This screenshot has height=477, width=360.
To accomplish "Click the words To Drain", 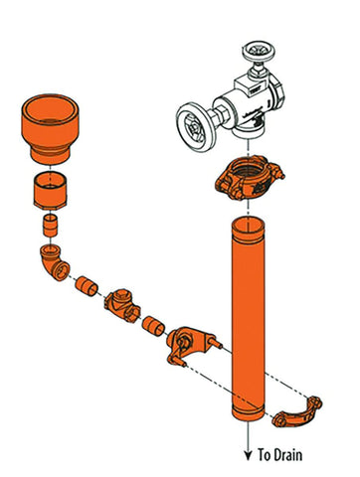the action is coord(280,455).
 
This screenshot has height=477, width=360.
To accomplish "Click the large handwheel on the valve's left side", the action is coord(193,126).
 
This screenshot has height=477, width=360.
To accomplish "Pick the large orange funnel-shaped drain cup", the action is coord(50,129).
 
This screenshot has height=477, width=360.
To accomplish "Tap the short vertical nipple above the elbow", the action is coord(50,226).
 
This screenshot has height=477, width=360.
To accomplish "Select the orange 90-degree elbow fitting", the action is coord(55,262).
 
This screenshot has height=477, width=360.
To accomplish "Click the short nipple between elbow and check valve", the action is coord(87,287).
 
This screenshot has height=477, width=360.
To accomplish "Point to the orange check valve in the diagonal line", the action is coord(122,306).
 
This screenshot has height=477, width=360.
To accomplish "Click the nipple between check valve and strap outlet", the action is coord(153,326).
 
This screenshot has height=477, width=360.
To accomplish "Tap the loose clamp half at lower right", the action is coord(297,412).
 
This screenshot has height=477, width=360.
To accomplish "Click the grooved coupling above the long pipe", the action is coord(249,178).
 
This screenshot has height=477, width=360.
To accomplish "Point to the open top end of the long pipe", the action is coord(248,227).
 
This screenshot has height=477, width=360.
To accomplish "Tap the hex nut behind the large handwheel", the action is coord(221,114).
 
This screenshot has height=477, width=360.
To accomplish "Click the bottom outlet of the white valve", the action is coord(248,131).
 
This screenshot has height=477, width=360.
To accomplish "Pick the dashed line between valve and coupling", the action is coord(248,147).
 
